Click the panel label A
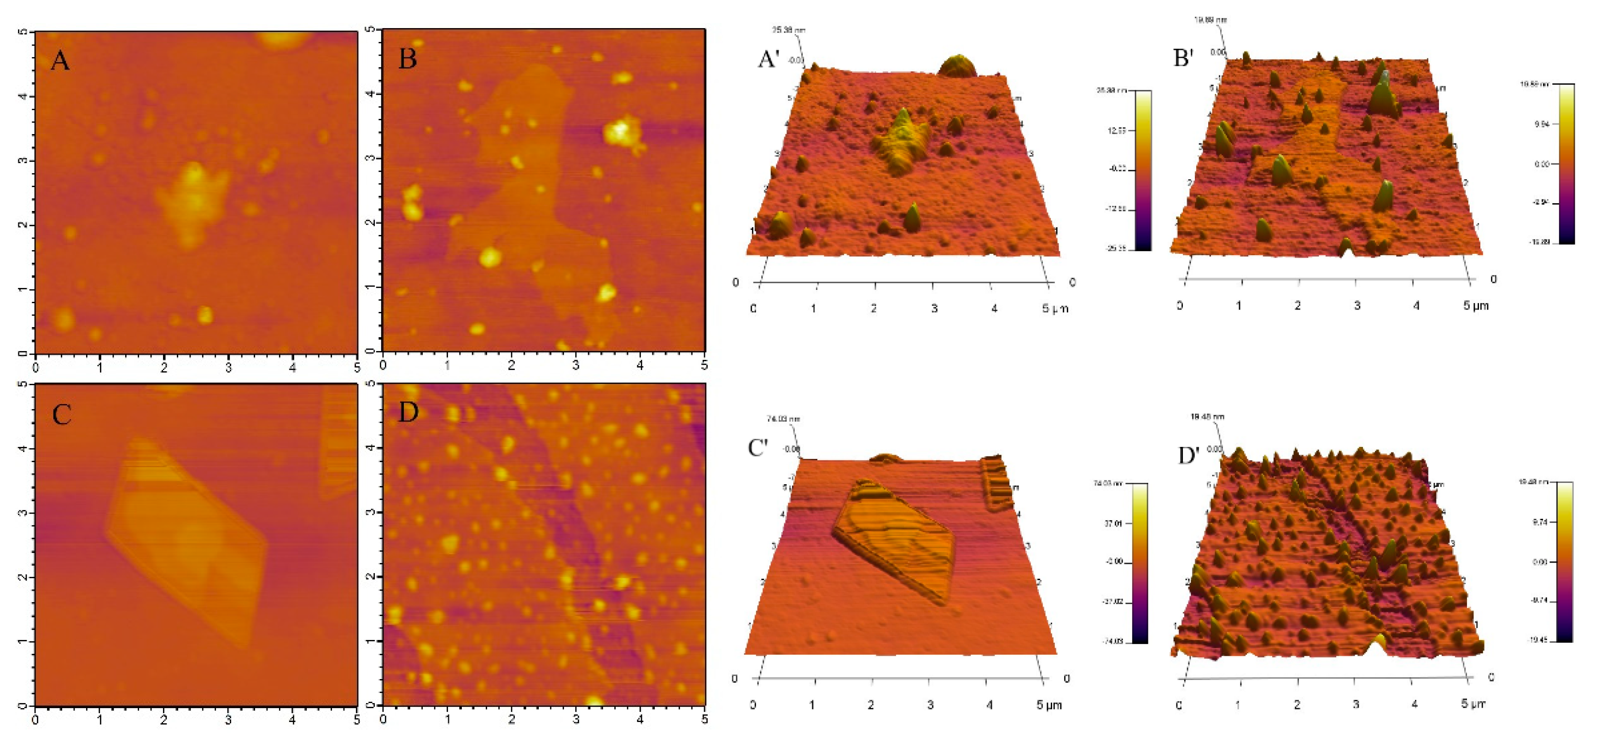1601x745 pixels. tap(60, 61)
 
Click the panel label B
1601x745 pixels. tap(408, 59)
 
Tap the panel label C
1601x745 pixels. tap(62, 415)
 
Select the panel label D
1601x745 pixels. tap(408, 412)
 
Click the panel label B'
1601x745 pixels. tap(1183, 58)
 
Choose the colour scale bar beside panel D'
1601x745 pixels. tap(1564, 562)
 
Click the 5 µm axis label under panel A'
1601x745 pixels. tap(1055, 308)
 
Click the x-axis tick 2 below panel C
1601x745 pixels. tap(164, 720)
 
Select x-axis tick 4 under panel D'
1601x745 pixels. tap(1415, 704)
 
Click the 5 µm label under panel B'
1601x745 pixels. tap(1475, 305)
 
